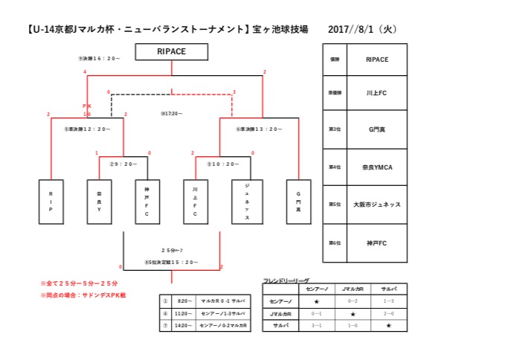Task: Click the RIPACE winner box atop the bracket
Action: pos(172,51)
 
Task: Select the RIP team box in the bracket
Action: pos(51,201)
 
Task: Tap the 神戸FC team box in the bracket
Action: pos(147,201)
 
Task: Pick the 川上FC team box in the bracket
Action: pos(196,201)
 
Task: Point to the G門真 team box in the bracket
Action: pos(298,201)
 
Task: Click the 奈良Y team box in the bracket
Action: pos(99,201)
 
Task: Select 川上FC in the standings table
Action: pos(378,94)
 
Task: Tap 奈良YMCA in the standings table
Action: pos(378,168)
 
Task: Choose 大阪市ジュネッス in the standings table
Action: pos(378,205)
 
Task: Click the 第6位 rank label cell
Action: pos(335,242)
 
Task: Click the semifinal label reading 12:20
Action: pos(87,129)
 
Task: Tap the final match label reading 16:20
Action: pos(99,57)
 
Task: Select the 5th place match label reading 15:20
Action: pos(172,262)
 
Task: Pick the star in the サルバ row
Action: pos(387,325)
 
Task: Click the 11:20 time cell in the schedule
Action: pos(184,314)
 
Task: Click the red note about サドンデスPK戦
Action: pos(83,295)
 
